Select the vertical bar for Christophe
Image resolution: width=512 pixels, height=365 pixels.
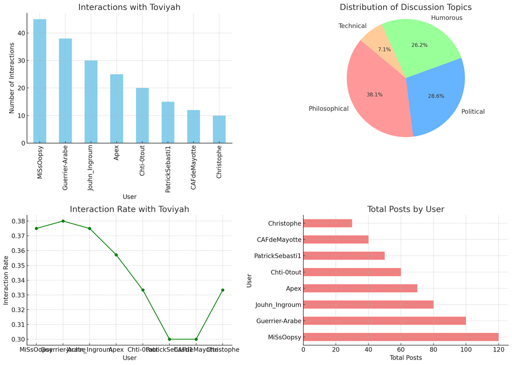[219, 129]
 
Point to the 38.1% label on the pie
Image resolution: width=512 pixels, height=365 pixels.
[374, 94]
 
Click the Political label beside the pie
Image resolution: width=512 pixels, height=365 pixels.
[472, 111]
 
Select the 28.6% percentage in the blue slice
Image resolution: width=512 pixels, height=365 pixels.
[436, 96]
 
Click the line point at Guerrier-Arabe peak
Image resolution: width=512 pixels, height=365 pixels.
[63, 221]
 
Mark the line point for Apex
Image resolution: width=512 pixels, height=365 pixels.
[116, 255]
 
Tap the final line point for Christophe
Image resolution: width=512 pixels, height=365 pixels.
[222, 290]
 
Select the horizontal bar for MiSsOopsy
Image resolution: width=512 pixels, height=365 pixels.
[400, 337]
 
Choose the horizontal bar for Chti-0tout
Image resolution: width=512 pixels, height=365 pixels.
[352, 272]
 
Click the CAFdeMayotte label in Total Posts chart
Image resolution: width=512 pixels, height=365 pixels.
[279, 239]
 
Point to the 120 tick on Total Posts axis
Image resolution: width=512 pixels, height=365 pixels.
[498, 349]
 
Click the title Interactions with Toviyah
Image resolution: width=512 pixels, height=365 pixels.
[129, 7]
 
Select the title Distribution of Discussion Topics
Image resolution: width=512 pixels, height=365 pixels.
[405, 7]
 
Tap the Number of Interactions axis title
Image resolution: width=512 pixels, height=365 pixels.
[11, 77]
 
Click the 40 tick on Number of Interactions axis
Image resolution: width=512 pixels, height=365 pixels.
[20, 33]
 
